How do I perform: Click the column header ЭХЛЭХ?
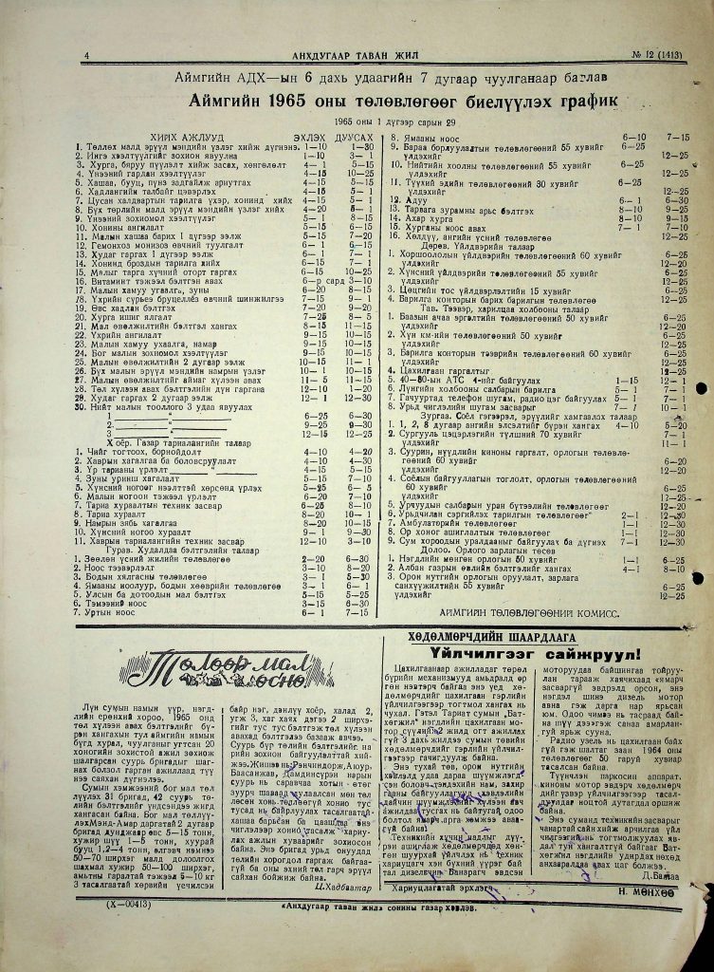tap(306, 137)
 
